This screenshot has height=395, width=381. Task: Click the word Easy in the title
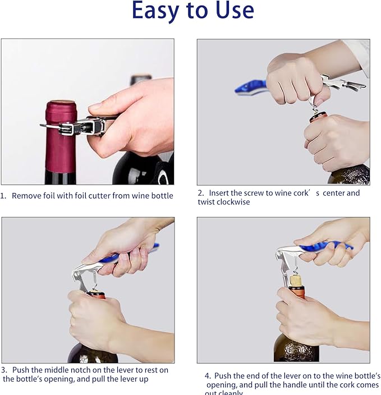157,11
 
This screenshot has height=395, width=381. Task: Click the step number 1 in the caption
3,196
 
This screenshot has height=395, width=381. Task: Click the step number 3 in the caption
3,370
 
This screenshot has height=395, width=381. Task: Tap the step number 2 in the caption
200,193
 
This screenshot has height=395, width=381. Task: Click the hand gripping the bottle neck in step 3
93,317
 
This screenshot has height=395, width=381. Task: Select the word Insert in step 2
221,193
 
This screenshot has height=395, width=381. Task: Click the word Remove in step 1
25,196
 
